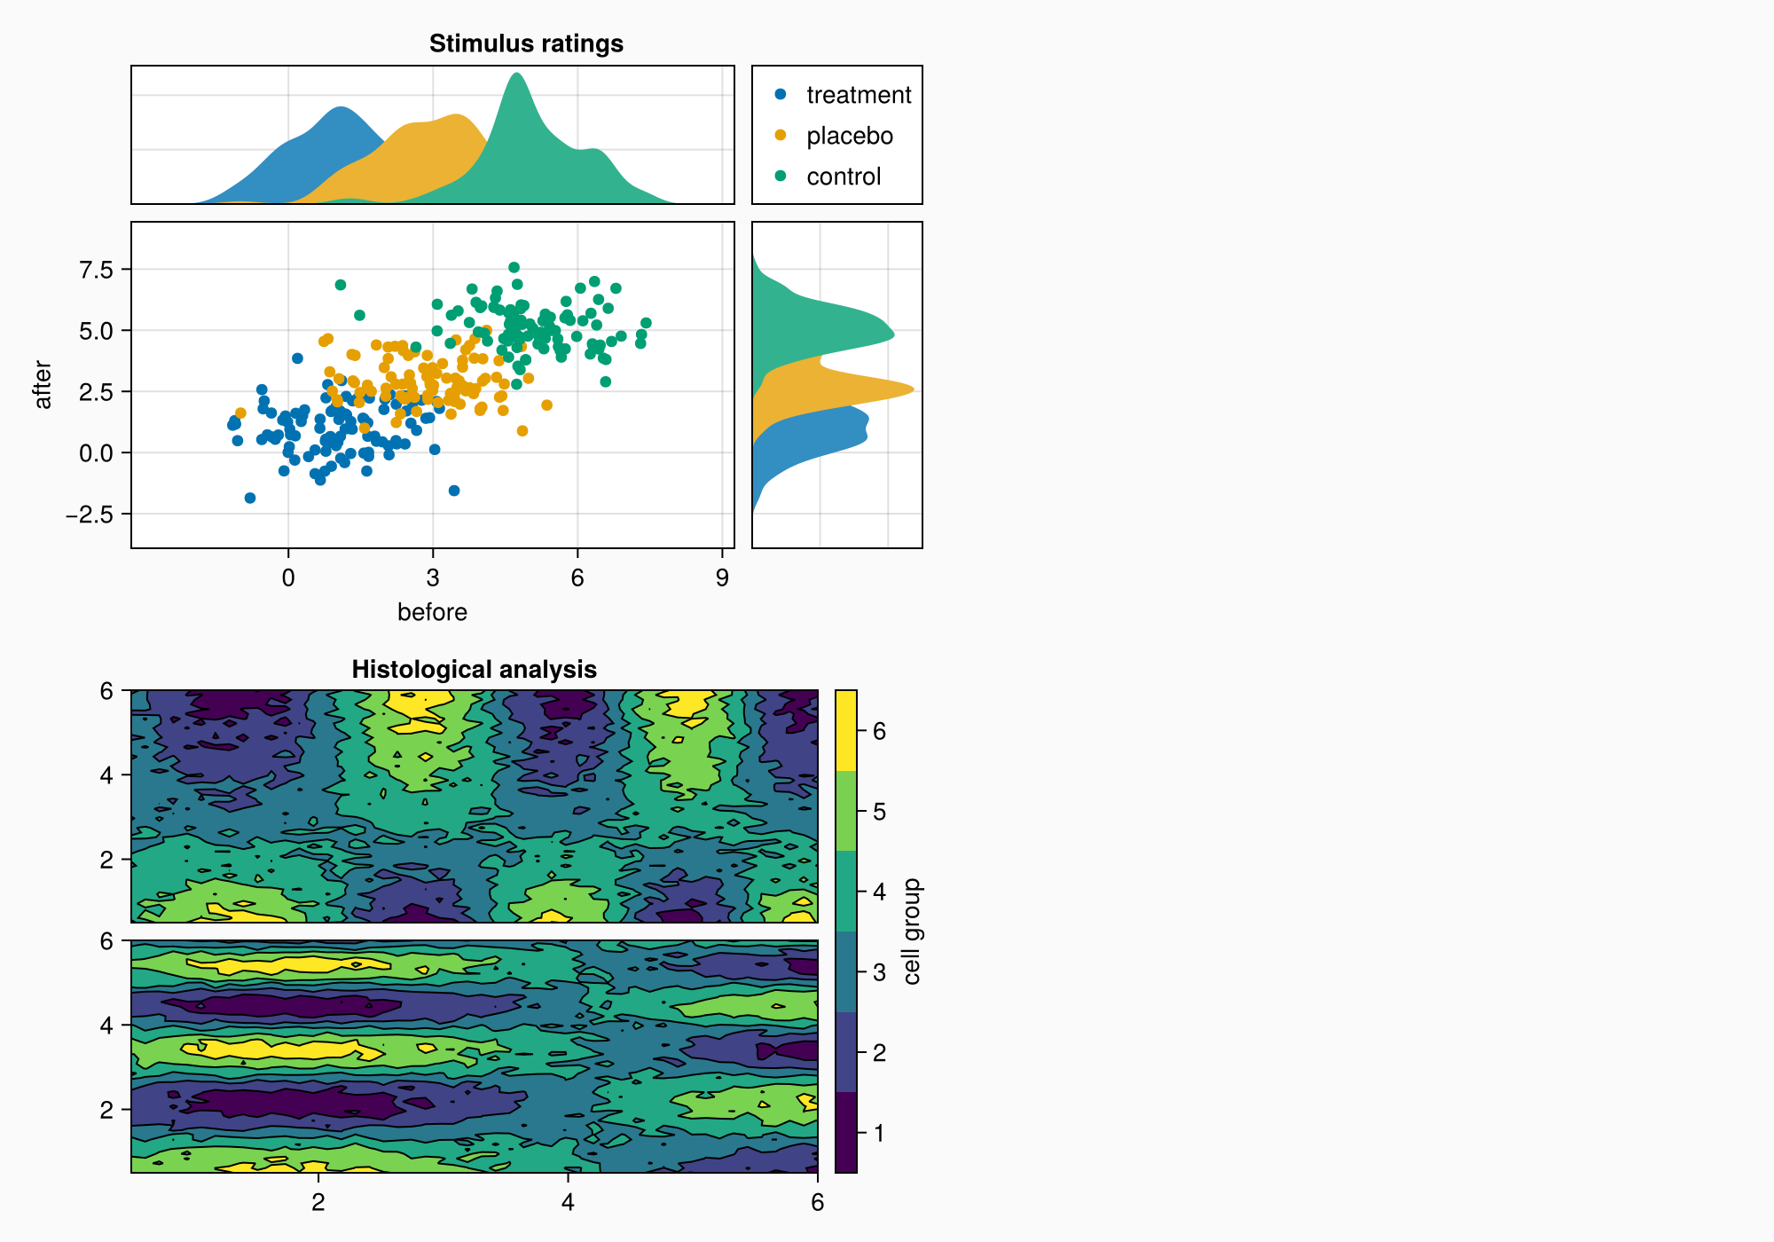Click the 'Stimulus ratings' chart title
tap(526, 43)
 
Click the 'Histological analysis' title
tap(474, 669)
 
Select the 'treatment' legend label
tap(858, 95)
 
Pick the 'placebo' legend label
tap(849, 136)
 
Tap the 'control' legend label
tap(843, 177)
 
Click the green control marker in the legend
tap(781, 177)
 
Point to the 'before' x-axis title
tap(432, 612)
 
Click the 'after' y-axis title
tap(43, 385)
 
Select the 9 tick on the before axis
tap(722, 578)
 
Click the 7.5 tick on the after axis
tap(96, 270)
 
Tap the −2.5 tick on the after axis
tap(90, 515)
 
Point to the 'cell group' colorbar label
tap(912, 931)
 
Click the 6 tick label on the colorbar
tap(879, 731)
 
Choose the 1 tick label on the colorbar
tap(879, 1133)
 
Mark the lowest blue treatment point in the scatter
tap(250, 498)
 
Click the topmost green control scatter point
tap(514, 267)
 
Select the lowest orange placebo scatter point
tap(522, 431)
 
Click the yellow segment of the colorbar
tap(846, 730)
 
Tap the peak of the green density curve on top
tap(516, 74)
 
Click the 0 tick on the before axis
tap(288, 578)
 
